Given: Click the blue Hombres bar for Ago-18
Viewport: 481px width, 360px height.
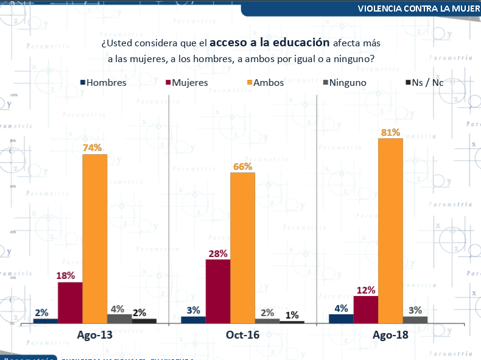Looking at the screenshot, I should click(x=341, y=319).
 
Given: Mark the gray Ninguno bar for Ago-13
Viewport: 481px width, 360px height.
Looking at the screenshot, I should click(x=119, y=319).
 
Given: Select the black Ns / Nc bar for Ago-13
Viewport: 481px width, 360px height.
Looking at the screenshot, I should click(x=144, y=321).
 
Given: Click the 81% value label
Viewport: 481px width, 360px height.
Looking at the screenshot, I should click(x=390, y=132).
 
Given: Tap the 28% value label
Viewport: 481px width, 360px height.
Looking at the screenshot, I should click(x=218, y=253).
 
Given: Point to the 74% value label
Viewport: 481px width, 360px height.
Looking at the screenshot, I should click(x=94, y=147).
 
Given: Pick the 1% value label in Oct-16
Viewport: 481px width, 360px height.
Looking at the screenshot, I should click(x=292, y=315).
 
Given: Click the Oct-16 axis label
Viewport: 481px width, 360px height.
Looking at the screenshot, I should click(x=242, y=335).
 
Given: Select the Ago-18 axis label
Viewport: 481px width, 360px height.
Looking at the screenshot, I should click(x=390, y=335).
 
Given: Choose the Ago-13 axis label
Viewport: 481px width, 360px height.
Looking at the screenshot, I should click(x=94, y=335).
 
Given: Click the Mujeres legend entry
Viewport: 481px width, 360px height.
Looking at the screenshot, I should click(x=186, y=82).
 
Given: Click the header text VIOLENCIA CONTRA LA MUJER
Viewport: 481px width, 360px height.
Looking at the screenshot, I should click(x=419, y=9).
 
